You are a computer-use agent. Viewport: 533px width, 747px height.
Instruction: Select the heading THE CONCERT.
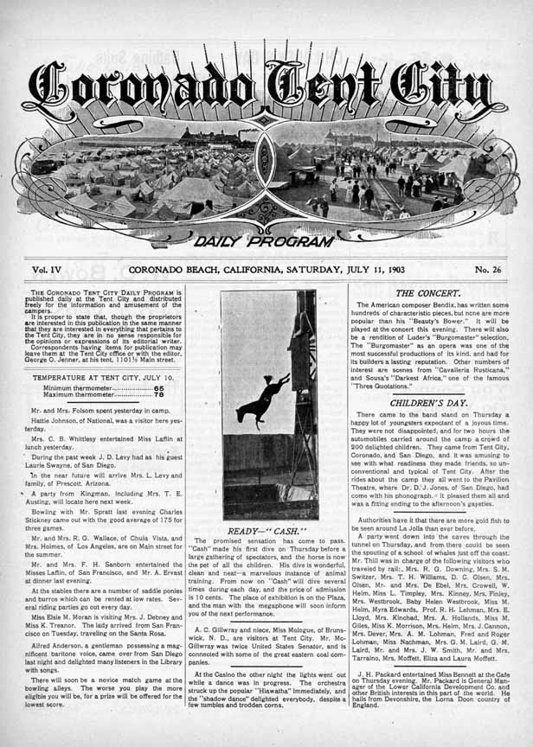coord(429,293)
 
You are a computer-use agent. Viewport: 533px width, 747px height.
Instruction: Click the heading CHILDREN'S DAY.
coord(429,403)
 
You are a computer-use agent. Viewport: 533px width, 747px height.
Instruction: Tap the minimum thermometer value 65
coord(159,388)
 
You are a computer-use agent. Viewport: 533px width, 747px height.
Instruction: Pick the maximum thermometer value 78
coord(159,395)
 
